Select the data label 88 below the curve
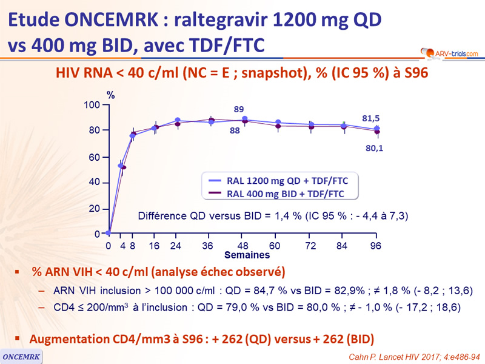click(235, 130)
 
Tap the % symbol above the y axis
click(111, 95)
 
